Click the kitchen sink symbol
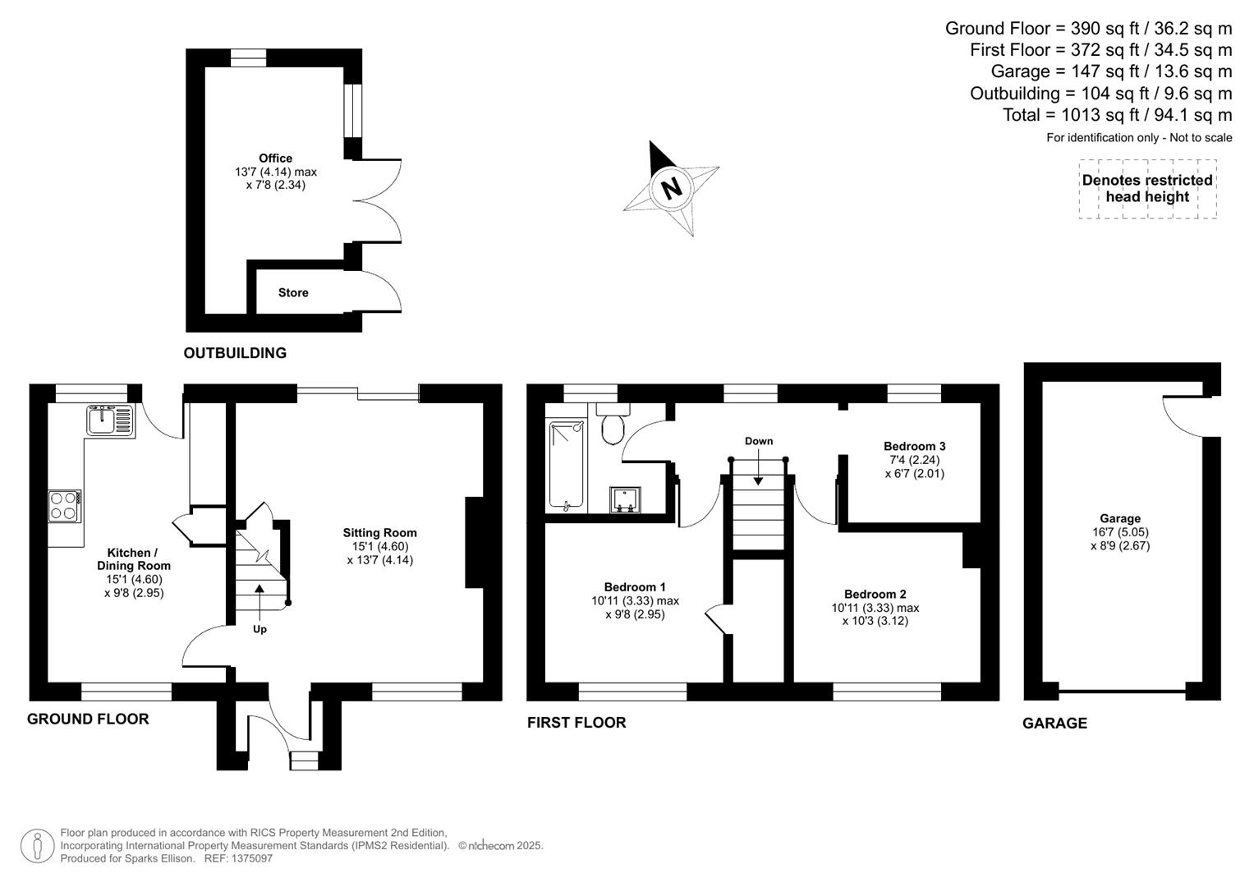tap(109, 420)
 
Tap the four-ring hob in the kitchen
tap(65, 505)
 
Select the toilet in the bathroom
tap(613, 426)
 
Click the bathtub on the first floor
tap(566, 465)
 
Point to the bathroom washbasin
tap(626, 499)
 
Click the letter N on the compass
tap(672, 188)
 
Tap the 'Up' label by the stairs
tap(260, 629)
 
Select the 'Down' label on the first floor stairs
tap(758, 441)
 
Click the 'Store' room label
tap(293, 292)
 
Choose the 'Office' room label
tap(275, 159)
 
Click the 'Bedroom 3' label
tap(914, 446)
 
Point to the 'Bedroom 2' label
tap(875, 594)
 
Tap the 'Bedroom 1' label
tap(635, 586)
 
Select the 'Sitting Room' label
tap(379, 532)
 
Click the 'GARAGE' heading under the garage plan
tap(1054, 723)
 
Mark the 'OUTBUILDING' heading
tap(235, 353)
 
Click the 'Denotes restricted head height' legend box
tap(1146, 189)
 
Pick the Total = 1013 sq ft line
tap(1117, 115)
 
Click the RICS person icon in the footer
tap(37, 846)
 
